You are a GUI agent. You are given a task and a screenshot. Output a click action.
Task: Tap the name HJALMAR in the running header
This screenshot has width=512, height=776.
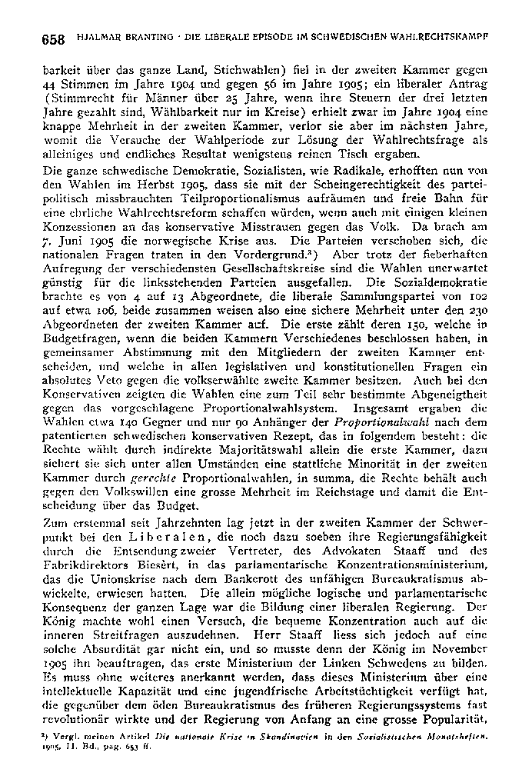pos(97,37)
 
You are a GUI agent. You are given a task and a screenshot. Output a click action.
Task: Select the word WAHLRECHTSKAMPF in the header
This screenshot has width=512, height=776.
pos(449,37)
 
